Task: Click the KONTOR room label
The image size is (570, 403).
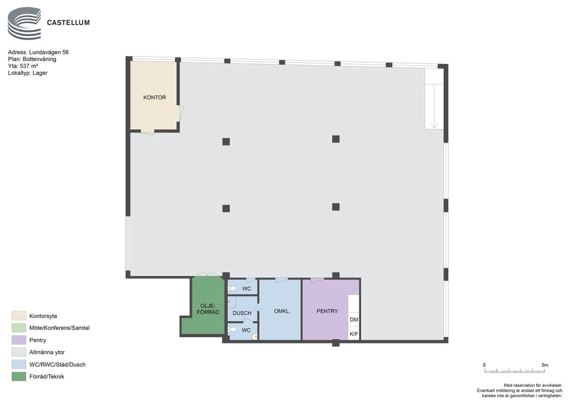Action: pos(154,97)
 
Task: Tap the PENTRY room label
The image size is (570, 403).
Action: pos(327,311)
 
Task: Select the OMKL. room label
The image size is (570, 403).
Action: pos(282,311)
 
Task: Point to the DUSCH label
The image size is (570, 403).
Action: pos(242,313)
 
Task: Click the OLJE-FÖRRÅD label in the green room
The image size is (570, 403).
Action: pos(208,309)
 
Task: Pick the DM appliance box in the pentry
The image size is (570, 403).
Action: pos(354,320)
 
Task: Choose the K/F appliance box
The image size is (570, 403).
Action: pos(354,334)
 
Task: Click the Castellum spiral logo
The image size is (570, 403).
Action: pos(25,23)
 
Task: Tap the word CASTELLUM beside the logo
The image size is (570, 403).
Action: pos(68,22)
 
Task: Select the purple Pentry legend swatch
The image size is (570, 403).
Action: pos(19,340)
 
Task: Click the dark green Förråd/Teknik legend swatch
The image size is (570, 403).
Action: pos(19,376)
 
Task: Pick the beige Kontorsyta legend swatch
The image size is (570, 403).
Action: pos(19,316)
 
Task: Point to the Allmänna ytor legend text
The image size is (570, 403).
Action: pos(47,352)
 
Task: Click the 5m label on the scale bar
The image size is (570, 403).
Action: pos(544,365)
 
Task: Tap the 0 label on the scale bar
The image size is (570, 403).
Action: pos(484,365)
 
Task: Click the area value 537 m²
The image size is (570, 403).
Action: pos(29,66)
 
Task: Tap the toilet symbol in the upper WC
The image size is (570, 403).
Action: pos(232,289)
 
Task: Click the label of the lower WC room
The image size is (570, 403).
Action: pos(246,330)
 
